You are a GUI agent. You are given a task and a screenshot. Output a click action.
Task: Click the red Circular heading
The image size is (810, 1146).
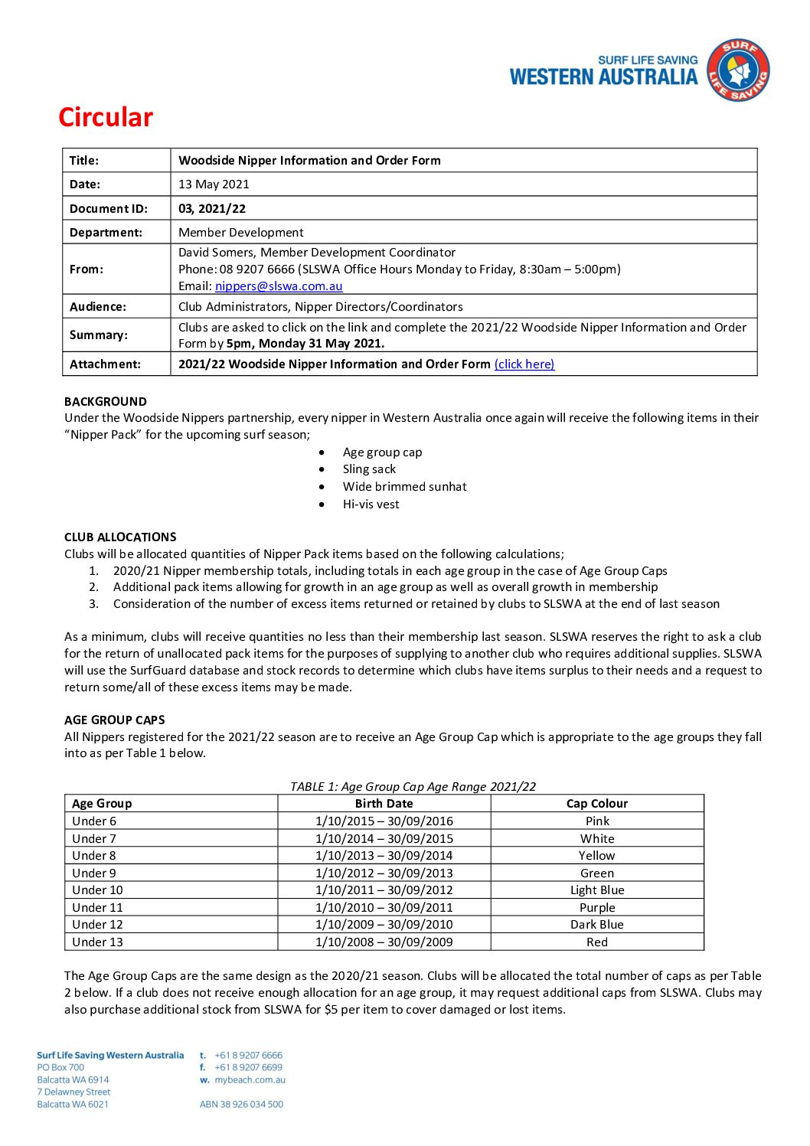(x=106, y=117)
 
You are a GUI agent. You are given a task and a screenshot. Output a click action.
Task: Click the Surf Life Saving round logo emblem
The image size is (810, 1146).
(x=737, y=70)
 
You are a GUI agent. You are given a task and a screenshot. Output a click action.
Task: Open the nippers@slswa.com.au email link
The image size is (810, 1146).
(x=279, y=286)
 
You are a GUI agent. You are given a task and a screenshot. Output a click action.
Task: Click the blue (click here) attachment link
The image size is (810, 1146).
(x=524, y=364)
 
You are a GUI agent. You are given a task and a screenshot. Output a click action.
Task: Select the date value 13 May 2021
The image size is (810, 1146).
(x=214, y=184)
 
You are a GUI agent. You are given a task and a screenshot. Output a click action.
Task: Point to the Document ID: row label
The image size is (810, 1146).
(x=108, y=209)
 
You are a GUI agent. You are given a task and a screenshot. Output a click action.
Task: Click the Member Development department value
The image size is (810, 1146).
(x=240, y=233)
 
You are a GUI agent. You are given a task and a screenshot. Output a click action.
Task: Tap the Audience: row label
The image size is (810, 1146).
(x=98, y=307)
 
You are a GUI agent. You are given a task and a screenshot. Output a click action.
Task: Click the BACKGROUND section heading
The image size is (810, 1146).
(x=106, y=401)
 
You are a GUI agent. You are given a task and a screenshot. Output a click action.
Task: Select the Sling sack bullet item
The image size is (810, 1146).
(x=369, y=469)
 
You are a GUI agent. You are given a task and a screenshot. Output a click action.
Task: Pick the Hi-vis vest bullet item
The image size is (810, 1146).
(x=371, y=504)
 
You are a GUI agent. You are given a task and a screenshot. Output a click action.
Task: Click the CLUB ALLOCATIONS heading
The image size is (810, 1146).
(x=120, y=537)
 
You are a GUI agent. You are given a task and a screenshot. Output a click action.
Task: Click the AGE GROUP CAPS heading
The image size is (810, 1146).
(x=115, y=720)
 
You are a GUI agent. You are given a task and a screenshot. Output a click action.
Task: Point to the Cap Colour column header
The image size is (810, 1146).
(x=597, y=804)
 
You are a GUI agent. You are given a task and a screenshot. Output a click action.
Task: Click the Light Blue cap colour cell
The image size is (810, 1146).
(x=597, y=890)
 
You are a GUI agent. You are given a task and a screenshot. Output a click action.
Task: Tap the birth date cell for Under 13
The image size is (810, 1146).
(x=384, y=942)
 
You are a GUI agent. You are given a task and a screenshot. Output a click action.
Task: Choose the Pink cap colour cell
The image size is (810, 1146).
(x=597, y=821)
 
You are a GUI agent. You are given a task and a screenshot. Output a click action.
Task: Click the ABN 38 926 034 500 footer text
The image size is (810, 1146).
(x=241, y=1105)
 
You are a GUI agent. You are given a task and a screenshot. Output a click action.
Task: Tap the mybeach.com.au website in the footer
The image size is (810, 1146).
(x=250, y=1080)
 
